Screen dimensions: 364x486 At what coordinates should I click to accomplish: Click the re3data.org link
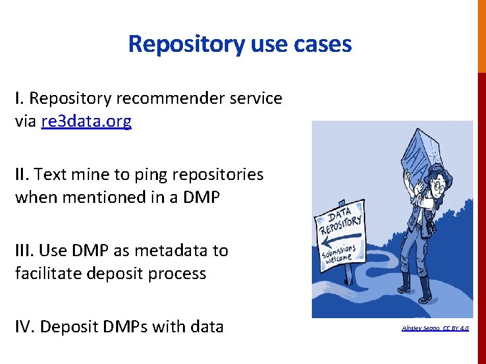pos(86,121)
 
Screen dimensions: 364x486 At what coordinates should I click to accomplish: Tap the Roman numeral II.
pos(22,175)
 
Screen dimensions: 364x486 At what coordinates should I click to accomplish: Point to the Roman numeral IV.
pos(24,327)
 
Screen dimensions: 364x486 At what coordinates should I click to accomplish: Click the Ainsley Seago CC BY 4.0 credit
pos(435,328)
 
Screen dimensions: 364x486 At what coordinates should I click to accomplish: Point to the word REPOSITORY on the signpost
pos(340,222)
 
